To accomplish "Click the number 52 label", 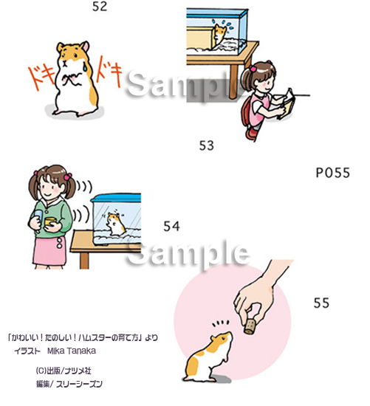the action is click(100, 7).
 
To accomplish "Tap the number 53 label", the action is click(207, 145).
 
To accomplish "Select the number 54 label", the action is click(171, 227).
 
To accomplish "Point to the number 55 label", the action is click(321, 303).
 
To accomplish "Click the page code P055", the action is click(333, 173).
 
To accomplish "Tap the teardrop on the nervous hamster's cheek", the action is click(85, 67).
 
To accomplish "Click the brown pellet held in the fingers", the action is click(250, 326).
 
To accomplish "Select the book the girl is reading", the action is click(287, 103).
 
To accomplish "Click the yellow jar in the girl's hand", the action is click(50, 221).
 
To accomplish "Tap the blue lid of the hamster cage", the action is click(116, 198).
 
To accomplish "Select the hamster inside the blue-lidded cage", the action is click(116, 224).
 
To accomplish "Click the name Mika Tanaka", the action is click(72, 351).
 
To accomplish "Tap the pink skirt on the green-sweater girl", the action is click(49, 251).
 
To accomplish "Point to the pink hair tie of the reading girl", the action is click(253, 69).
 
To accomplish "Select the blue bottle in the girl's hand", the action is click(38, 219).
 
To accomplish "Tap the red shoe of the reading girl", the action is click(250, 134).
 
